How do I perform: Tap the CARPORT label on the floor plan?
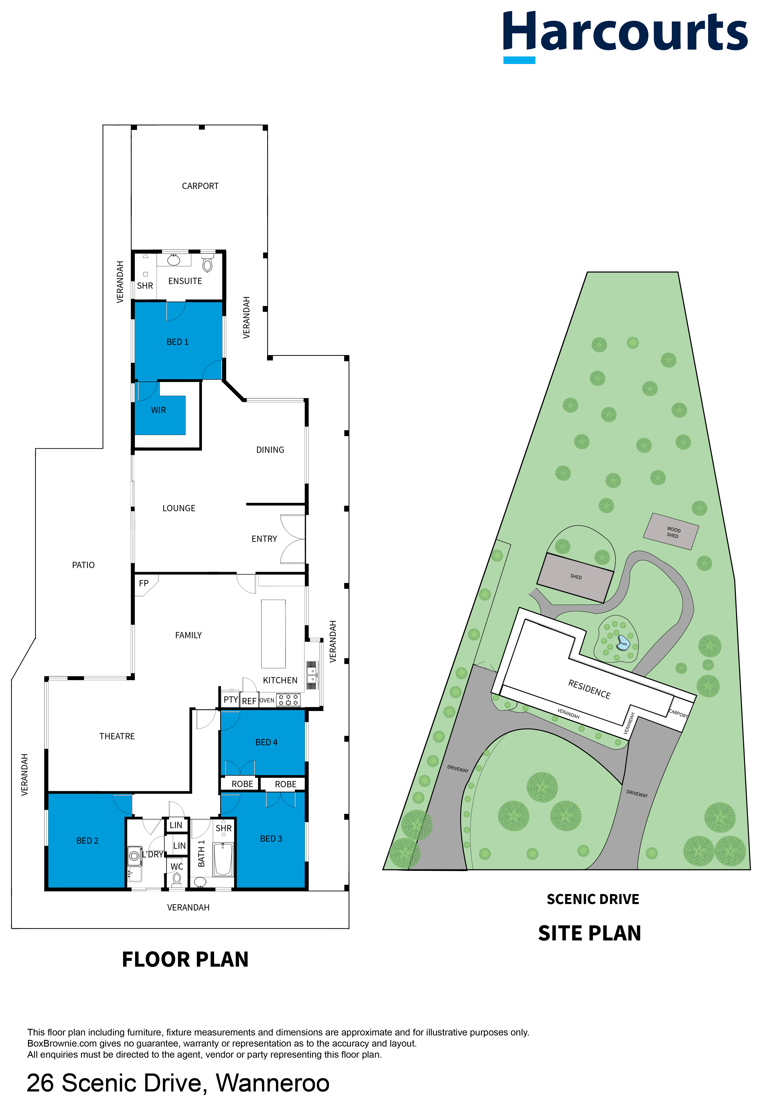tap(200, 186)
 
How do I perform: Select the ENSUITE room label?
tap(185, 281)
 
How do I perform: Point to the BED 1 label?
tap(178, 342)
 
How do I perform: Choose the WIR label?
tap(158, 410)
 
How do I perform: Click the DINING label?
tap(270, 450)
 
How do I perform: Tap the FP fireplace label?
tap(144, 583)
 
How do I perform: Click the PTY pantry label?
tap(231, 700)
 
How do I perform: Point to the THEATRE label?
tap(117, 736)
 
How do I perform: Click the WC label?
tap(177, 866)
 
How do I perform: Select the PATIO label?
tap(84, 565)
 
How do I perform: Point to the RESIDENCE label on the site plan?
tap(589, 690)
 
